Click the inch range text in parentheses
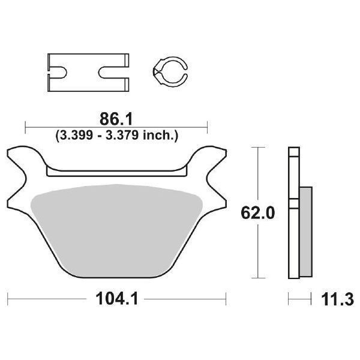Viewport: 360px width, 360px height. click(116, 136)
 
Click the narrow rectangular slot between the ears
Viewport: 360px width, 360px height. click(116, 173)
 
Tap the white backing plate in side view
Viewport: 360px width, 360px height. click(293, 213)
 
